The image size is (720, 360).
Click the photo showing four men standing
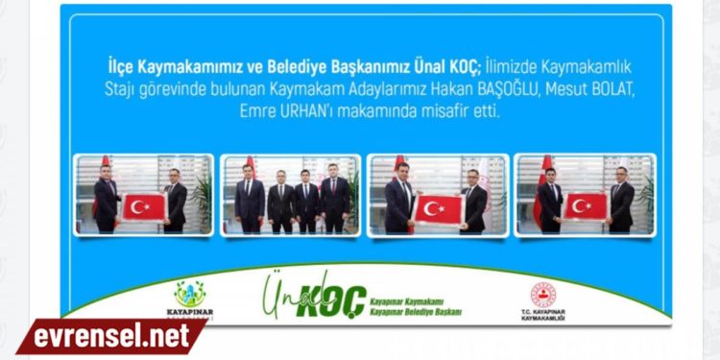click(x=291, y=195)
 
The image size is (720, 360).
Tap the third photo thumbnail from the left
click(x=438, y=195)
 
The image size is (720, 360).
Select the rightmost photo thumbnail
click(x=585, y=195)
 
